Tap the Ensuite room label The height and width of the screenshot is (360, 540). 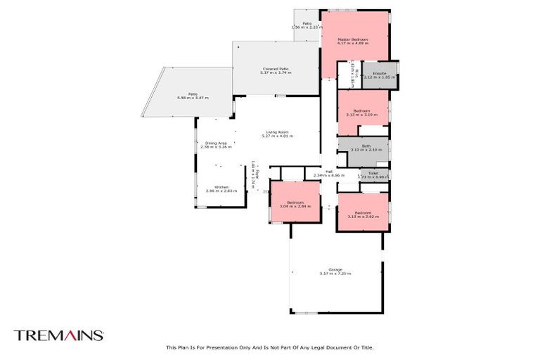pyautogui.click(x=379, y=73)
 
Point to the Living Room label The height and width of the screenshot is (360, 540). pyautogui.click(x=276, y=132)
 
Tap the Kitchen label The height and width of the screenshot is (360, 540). pyautogui.click(x=221, y=187)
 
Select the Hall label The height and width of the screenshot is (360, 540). pyautogui.click(x=328, y=170)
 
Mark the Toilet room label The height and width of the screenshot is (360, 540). pyautogui.click(x=373, y=172)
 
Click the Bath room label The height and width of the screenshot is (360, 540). pyautogui.click(x=366, y=146)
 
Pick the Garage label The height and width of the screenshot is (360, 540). pyautogui.click(x=335, y=269)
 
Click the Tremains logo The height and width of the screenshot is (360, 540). pyautogui.click(x=59, y=335)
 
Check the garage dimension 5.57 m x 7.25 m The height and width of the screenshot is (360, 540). pyautogui.click(x=335, y=274)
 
